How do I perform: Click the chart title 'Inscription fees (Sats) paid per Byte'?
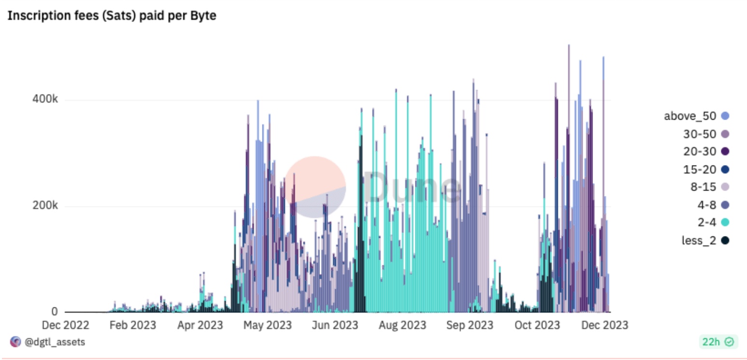click(x=111, y=15)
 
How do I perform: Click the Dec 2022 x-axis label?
click(x=65, y=325)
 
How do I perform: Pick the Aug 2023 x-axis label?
click(x=402, y=325)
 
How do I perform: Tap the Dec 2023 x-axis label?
click(x=604, y=325)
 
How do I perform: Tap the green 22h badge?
click(x=718, y=342)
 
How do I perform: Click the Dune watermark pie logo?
click(x=315, y=187)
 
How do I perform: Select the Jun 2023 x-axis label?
click(x=334, y=325)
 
